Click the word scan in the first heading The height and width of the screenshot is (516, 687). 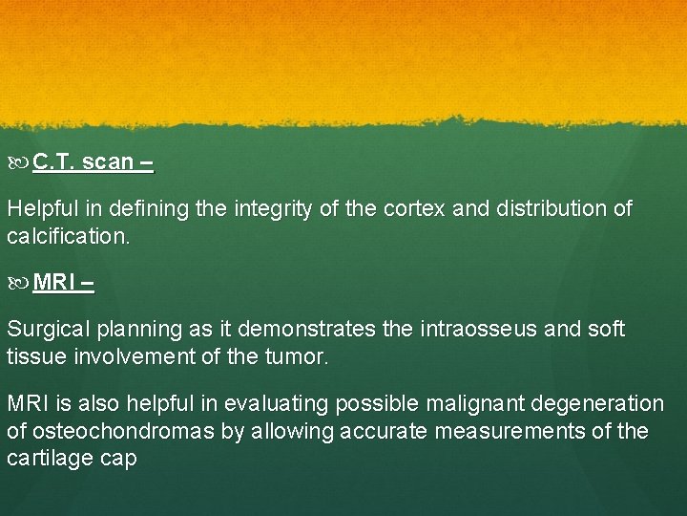click(x=107, y=162)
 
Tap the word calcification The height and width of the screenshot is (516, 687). click(x=67, y=235)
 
